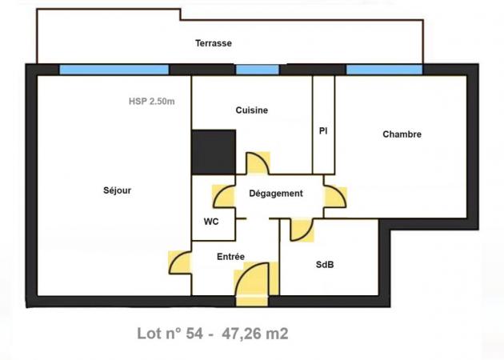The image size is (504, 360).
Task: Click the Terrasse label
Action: coord(214,43)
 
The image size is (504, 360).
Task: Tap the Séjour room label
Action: coord(117,190)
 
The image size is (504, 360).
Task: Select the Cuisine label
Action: coord(252,110)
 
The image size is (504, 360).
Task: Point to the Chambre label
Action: coord(402,134)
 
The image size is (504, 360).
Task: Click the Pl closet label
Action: coord(323,131)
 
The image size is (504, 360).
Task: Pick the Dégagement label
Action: coord(276,194)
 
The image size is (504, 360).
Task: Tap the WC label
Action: coord(211,222)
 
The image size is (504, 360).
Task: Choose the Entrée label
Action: coord(230,257)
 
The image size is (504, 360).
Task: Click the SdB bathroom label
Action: coord(325,265)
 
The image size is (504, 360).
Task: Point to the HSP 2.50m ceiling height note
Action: coord(152,102)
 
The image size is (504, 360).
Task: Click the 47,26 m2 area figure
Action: coord(255,334)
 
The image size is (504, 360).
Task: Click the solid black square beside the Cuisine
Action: coord(214,152)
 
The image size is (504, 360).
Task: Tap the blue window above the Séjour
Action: coord(114,70)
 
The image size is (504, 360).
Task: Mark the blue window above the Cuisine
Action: coord(257,70)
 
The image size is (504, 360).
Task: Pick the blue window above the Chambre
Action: coord(384,70)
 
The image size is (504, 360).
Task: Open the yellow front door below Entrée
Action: coord(255,283)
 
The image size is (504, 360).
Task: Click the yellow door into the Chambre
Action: coord(335,197)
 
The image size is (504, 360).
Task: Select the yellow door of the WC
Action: coord(224,196)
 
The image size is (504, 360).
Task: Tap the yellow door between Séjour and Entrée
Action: coord(180,262)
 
